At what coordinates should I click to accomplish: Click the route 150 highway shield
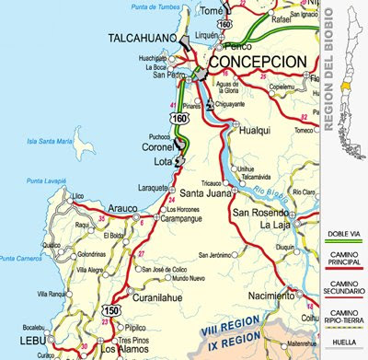111,311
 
